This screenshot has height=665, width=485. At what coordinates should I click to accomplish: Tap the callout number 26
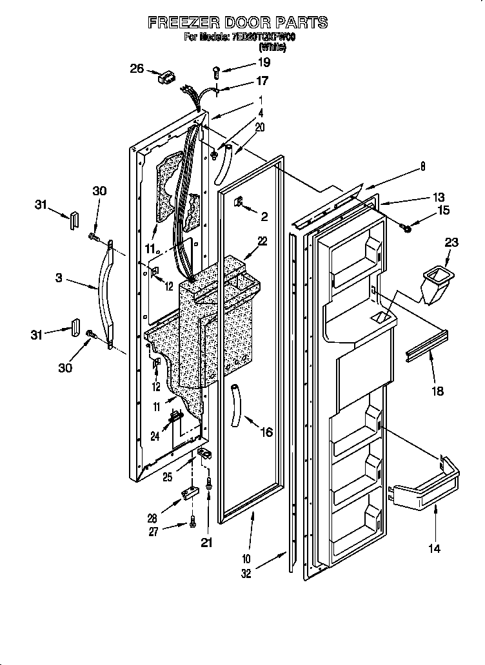pos(137,68)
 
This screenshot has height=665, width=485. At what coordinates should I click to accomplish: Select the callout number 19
pos(264,63)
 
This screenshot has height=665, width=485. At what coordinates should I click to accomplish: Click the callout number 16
pos(266,432)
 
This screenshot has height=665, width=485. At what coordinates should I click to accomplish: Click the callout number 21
pos(206,543)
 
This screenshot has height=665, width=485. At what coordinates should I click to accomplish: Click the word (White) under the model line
pos(272,47)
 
